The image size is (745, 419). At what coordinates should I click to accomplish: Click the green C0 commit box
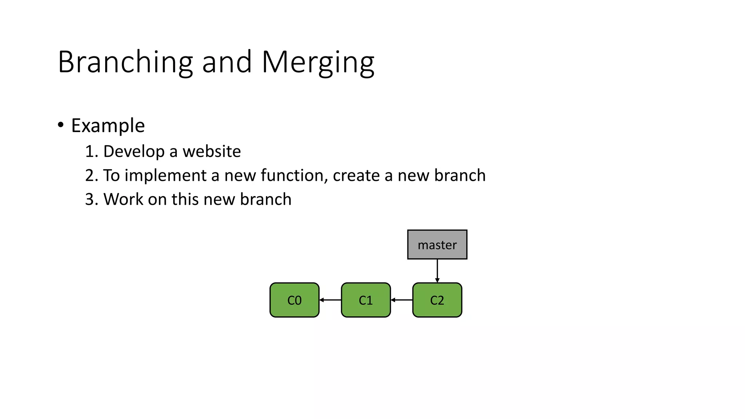(294, 300)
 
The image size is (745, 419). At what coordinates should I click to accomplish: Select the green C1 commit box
(366, 300)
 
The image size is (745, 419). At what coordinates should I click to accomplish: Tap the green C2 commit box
(437, 300)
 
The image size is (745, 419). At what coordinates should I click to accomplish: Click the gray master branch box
(437, 244)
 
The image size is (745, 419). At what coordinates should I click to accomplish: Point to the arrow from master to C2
(437, 271)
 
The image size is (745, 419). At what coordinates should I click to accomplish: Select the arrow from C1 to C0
(330, 300)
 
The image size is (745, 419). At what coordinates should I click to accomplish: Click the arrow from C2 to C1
(402, 300)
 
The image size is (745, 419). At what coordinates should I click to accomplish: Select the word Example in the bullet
(108, 126)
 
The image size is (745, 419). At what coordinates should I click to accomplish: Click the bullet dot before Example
(61, 125)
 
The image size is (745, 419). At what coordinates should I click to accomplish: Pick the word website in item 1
(211, 151)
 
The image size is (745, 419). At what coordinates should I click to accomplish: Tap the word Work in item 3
(123, 199)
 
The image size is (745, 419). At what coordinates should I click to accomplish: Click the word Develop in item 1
(134, 152)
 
